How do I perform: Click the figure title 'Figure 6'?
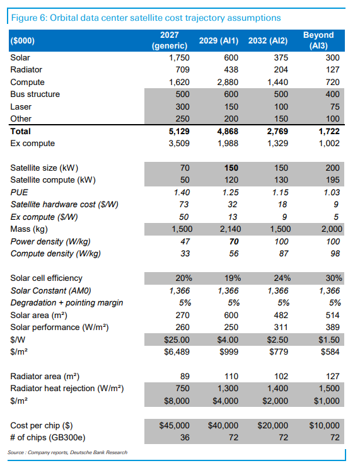[28, 18]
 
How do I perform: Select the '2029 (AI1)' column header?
[219, 40]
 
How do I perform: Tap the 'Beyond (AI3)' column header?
[318, 40]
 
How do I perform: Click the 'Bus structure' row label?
[35, 94]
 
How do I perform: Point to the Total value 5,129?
[179, 131]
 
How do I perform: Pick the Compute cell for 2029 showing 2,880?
[228, 82]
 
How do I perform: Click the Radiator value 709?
[183, 69]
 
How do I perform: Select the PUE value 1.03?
[332, 193]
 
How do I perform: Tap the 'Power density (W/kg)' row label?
[50, 241]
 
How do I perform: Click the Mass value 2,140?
[230, 229]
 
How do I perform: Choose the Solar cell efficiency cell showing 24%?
[282, 278]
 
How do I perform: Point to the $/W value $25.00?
[177, 340]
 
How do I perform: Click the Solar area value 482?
[281, 315]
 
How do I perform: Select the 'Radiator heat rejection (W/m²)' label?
[67, 389]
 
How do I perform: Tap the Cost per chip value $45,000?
[174, 425]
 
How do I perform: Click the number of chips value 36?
[185, 438]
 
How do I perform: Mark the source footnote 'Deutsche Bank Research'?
[98, 452]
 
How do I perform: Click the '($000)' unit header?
[23, 40]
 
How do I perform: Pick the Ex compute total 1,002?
[329, 143]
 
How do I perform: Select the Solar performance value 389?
[333, 328]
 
